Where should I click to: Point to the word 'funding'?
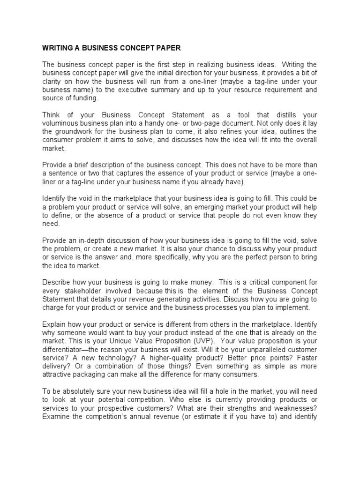tap(87, 98)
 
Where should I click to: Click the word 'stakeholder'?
tap(82, 291)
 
